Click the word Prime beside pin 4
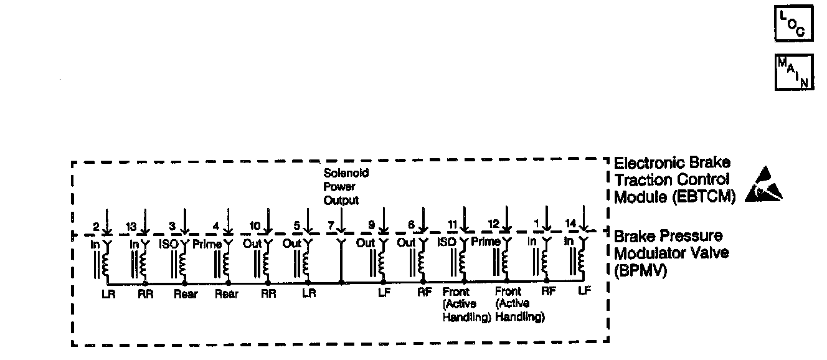tap(207, 244)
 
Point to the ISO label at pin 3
tap(168, 244)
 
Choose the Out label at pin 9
tap(366, 244)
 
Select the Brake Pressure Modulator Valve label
tap(668, 253)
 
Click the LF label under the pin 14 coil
tap(583, 291)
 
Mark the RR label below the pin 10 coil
tap(268, 295)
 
